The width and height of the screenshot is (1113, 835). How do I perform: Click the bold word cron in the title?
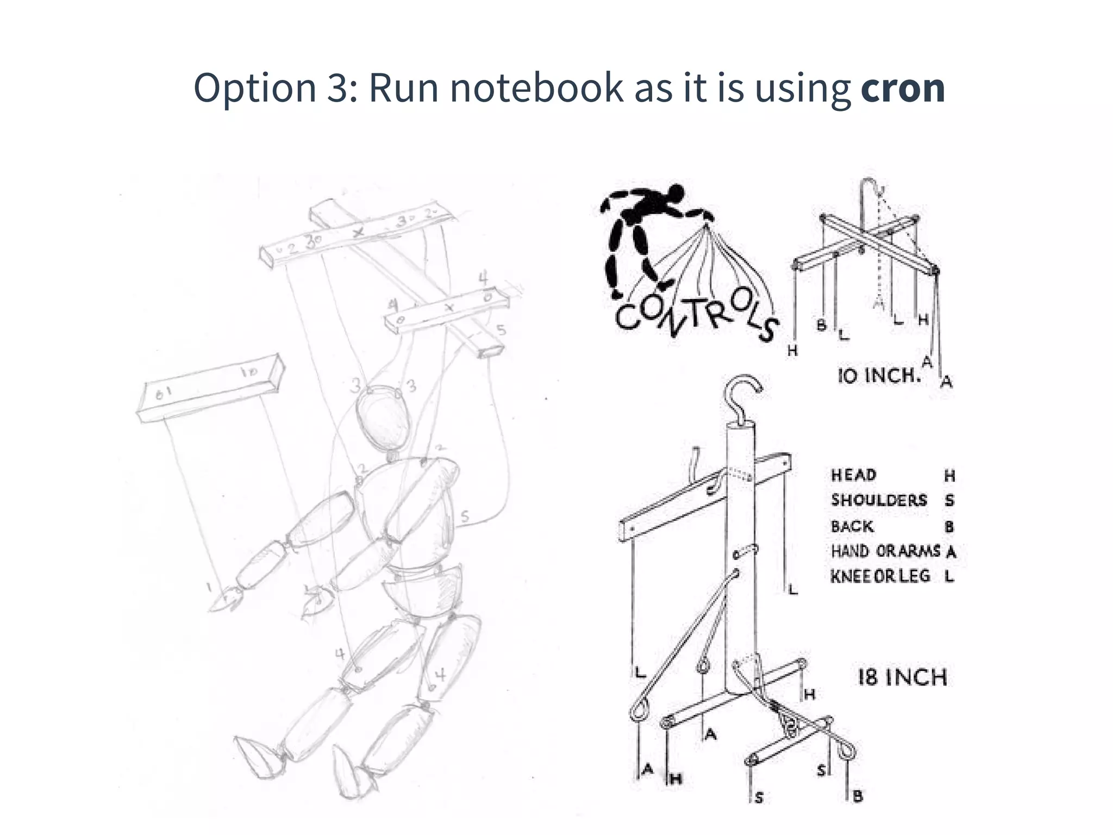coord(903,89)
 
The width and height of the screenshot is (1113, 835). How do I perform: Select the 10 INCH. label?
coord(879,375)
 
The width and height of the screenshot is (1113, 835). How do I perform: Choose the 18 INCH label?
coord(902,677)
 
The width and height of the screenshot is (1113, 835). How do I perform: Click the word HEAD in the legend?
coord(853,475)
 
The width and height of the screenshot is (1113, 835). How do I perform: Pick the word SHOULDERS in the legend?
coord(878,500)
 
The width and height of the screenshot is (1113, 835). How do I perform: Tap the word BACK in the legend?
coord(852,526)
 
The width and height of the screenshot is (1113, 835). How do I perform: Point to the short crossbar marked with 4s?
coord(447,310)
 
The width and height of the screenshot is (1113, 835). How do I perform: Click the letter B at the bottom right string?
coord(858,797)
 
